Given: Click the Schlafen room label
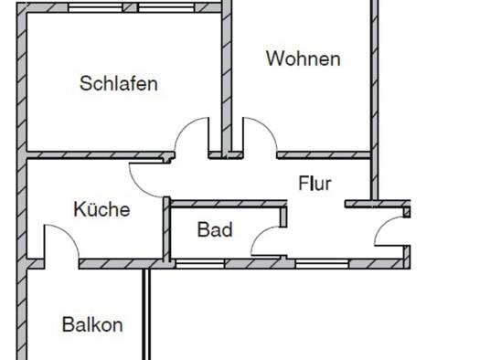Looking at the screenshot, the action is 119,83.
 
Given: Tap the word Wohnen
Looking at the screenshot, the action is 303,58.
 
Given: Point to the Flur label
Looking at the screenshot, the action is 315,184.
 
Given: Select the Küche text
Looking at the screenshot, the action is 101,209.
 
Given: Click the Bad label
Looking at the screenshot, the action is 215,229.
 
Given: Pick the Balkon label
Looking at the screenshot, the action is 92,324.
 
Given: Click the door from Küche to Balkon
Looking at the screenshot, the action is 69,233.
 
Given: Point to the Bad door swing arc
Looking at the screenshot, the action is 260,234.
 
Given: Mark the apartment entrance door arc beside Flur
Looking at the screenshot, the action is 382,225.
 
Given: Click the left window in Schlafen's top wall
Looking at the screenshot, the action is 95,7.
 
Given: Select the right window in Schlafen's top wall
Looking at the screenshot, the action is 166,7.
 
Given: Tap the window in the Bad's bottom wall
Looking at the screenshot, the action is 200,264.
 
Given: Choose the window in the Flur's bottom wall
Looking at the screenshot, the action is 322,264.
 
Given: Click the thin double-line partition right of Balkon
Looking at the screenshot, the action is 146,314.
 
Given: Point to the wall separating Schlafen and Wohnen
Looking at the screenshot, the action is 227,79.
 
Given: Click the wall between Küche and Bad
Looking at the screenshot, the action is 166,229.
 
